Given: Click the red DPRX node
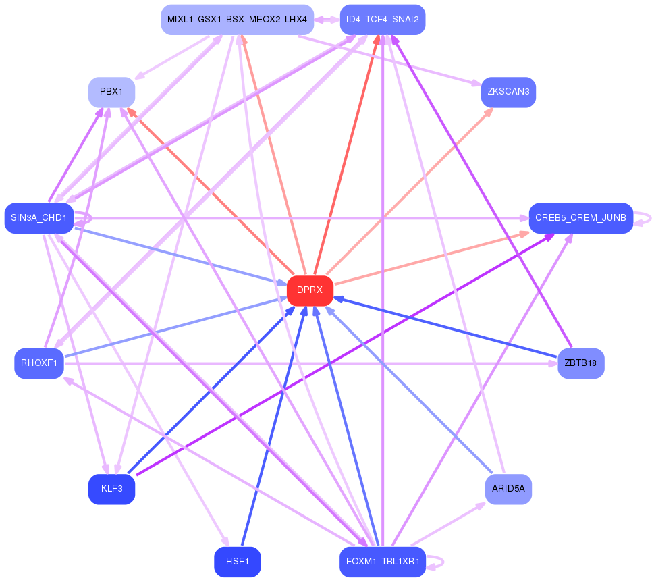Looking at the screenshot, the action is tap(310, 290).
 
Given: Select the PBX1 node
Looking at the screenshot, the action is tap(111, 92).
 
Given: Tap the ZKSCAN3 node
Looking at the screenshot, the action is tap(508, 92).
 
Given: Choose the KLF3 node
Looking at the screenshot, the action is tap(111, 489).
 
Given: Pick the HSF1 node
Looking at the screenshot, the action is tap(238, 562).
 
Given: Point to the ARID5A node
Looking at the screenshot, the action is tap(508, 489).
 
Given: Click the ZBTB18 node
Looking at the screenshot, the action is tap(580, 363).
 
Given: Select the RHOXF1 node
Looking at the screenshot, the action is tap(39, 363).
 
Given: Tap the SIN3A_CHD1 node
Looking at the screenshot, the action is tap(39, 218).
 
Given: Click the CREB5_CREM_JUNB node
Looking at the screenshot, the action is tap(580, 218).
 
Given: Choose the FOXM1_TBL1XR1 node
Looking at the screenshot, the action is tap(383, 562).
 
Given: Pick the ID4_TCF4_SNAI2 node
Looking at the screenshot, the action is tap(383, 20).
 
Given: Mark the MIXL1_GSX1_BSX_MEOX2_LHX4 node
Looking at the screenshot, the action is tap(238, 20).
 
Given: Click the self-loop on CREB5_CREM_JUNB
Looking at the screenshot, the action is tap(643, 219).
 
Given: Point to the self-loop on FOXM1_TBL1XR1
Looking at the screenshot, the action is tap(435, 562).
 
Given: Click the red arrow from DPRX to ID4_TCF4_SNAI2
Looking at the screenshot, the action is tap(347, 155).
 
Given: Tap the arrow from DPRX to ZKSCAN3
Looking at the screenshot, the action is tap(410, 191).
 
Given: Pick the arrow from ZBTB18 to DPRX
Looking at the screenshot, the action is tap(446, 327).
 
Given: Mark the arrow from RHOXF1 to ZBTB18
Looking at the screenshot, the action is tap(310, 363).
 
